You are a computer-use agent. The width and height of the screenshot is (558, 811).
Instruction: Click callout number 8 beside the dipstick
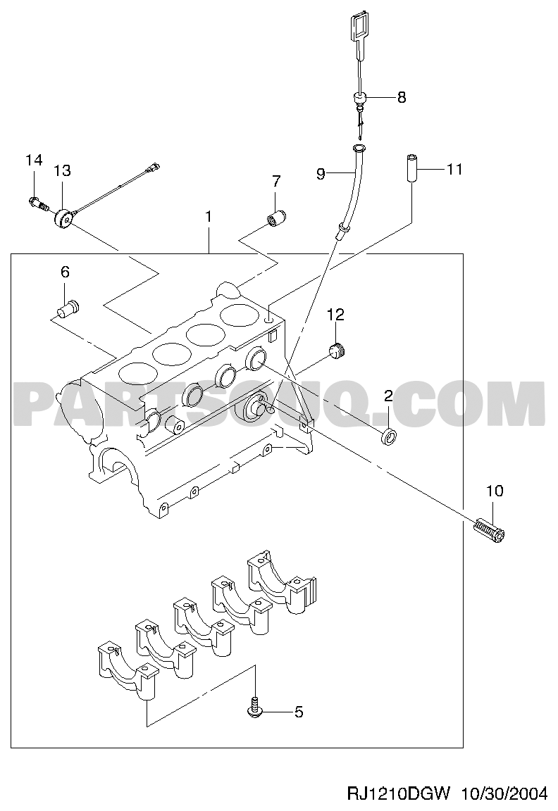(x=401, y=97)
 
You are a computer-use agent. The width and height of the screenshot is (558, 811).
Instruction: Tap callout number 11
(x=454, y=169)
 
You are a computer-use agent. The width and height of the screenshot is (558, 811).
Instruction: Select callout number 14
(x=34, y=161)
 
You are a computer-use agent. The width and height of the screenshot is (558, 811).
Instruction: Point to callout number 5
(x=299, y=712)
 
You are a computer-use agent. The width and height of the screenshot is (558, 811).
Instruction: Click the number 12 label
(x=335, y=314)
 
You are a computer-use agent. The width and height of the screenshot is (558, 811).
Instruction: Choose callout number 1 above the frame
(x=209, y=218)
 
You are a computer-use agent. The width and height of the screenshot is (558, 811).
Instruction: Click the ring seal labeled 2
(x=389, y=436)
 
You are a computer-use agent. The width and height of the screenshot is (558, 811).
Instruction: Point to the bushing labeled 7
(x=277, y=218)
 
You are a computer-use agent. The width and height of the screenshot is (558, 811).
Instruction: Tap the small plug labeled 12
(x=337, y=352)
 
